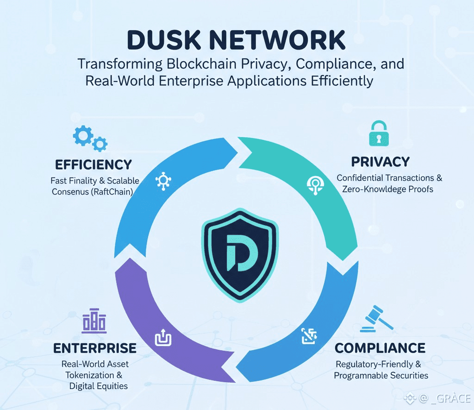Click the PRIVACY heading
pyautogui.click(x=380, y=162)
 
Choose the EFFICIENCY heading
pyautogui.click(x=94, y=164)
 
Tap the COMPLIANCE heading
pyautogui.click(x=380, y=348)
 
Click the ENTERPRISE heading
pyautogui.click(x=95, y=348)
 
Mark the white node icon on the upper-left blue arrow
pyautogui.click(x=163, y=180)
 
